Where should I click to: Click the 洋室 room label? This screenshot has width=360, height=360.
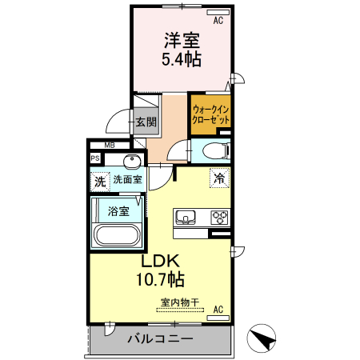click(x=182, y=40)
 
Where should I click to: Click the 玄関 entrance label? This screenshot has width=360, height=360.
click(x=146, y=122)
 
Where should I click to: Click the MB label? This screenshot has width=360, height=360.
click(x=110, y=145)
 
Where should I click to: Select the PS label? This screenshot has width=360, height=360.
click(x=95, y=158)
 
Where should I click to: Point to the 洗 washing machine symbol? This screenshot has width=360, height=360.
click(x=99, y=181)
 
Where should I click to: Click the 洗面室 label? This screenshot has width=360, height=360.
click(x=127, y=180)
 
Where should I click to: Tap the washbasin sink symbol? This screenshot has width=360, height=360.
click(x=128, y=160)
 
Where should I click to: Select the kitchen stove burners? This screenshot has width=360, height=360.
click(x=219, y=217)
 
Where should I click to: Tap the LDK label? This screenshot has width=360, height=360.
click(x=163, y=262)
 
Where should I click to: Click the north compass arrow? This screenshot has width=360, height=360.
click(x=262, y=339)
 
